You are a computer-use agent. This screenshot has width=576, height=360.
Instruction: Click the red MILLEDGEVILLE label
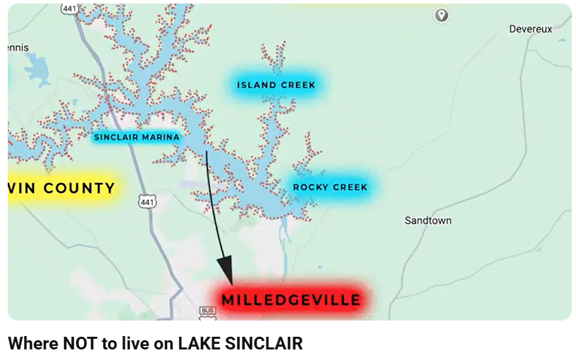291,299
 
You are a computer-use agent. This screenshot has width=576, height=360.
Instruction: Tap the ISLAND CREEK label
276,85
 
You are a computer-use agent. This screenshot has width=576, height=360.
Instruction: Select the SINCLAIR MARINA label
137,137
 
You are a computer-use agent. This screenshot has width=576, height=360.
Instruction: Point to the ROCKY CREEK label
330,187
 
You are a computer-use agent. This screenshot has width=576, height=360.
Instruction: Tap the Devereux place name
530,29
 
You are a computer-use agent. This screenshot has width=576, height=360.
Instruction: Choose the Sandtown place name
428,221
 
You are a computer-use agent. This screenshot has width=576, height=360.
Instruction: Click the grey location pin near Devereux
441,15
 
